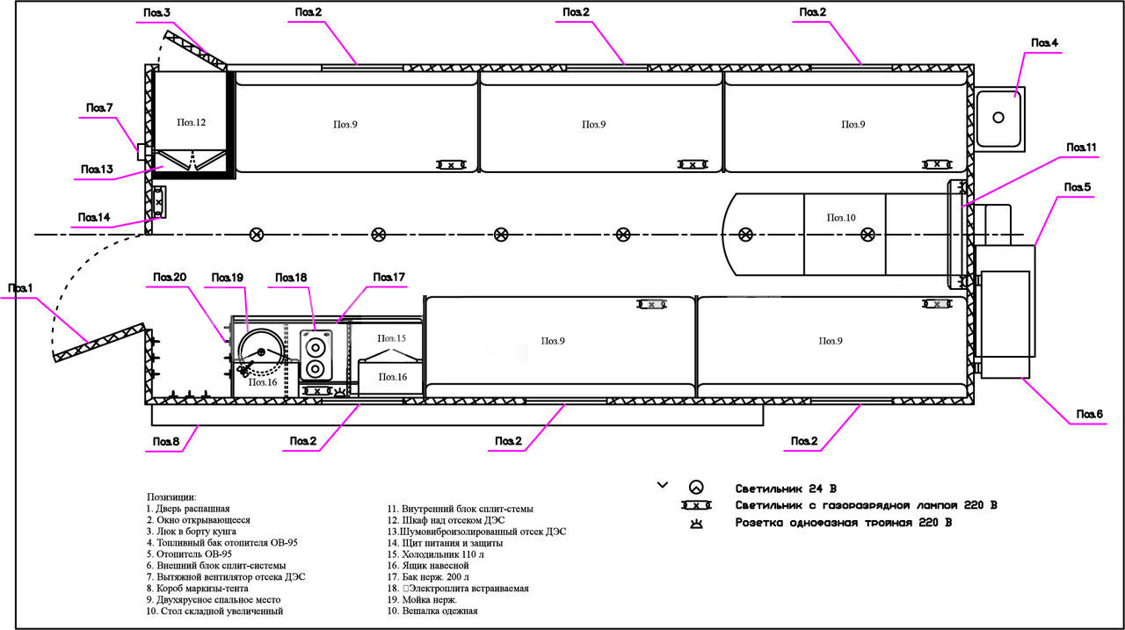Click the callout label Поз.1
point(20,288)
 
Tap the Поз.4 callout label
point(1044,43)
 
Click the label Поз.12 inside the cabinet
point(191,123)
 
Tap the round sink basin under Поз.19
point(260,351)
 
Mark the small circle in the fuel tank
point(998,117)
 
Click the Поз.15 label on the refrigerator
point(392,338)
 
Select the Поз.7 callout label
point(99,107)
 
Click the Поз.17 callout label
point(388,278)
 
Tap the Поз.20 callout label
point(170,278)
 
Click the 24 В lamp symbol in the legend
point(695,487)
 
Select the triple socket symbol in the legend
point(695,523)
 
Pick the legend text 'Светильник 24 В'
point(786,488)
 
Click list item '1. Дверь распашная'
point(188,509)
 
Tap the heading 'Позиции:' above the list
point(171,496)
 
